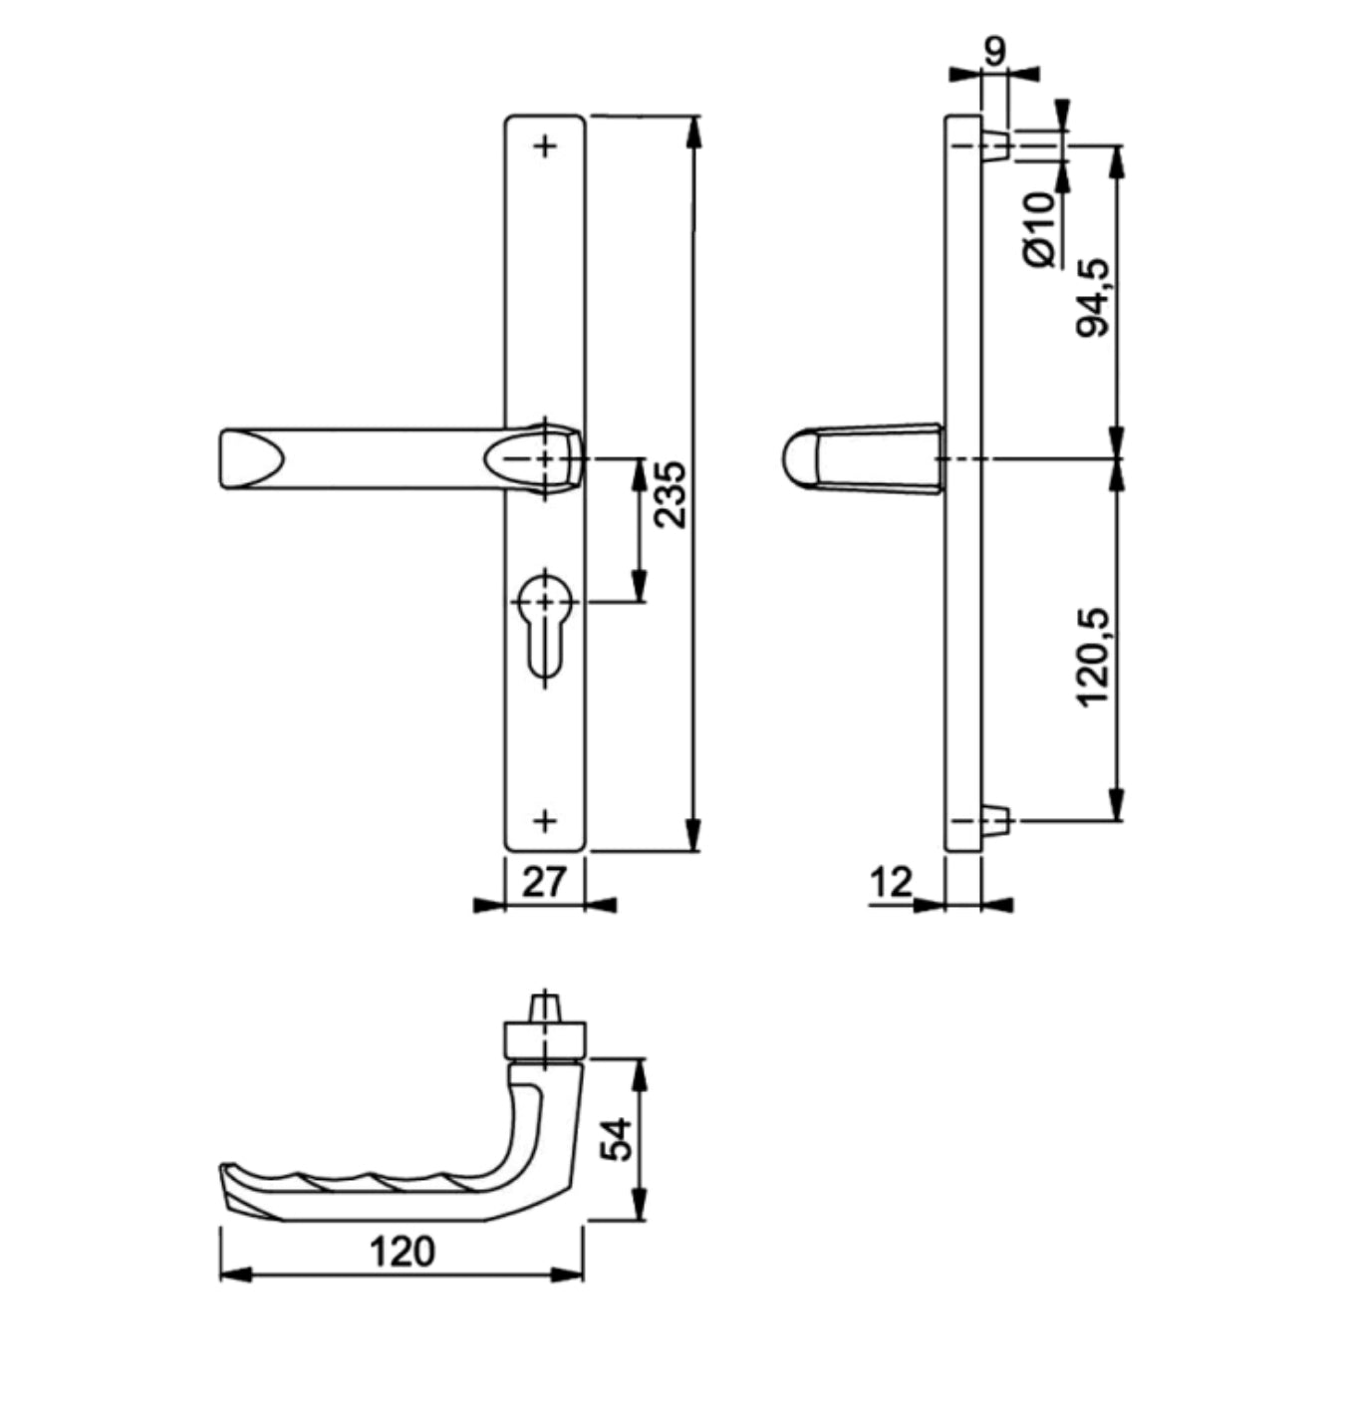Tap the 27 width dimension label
(x=543, y=881)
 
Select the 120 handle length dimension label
(x=403, y=1252)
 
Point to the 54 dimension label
(x=618, y=1139)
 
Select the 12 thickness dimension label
(x=891, y=882)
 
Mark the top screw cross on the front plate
(x=545, y=146)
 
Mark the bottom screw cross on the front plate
(x=545, y=820)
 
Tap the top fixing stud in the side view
(x=996, y=146)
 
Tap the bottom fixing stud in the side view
(x=996, y=821)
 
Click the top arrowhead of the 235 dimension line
(x=694, y=130)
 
